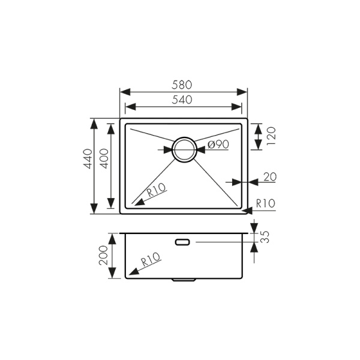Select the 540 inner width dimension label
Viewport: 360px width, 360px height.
point(184,100)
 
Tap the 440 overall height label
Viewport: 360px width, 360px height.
point(88,158)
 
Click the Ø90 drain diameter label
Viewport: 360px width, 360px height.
point(218,144)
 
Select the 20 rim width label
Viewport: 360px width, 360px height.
point(270,176)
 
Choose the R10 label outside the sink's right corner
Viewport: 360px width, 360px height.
point(265,203)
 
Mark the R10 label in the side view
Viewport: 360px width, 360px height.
point(151,260)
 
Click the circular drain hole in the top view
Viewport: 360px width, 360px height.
point(184,149)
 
